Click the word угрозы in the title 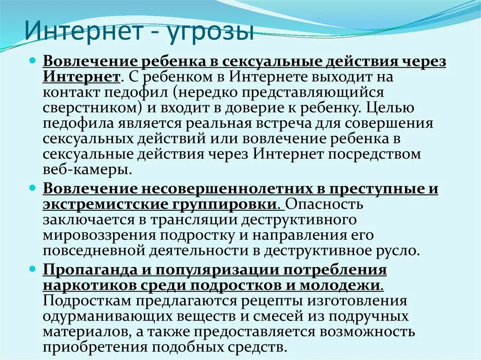(214, 33)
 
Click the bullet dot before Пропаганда (32, 269)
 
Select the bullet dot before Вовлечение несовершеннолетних (32, 188)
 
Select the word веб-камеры (85, 169)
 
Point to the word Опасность (324, 205)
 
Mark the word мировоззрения (96, 235)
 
